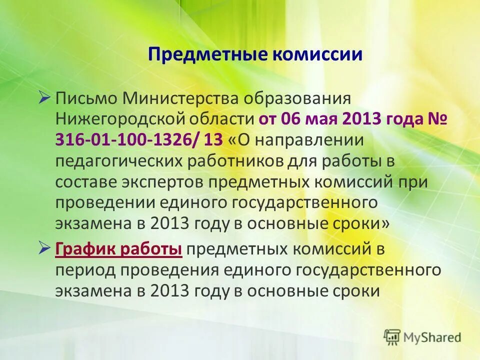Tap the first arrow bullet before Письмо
tap(44, 96)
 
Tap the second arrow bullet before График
tap(44, 248)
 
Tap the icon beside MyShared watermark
tap(392, 336)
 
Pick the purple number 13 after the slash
tap(213, 140)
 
